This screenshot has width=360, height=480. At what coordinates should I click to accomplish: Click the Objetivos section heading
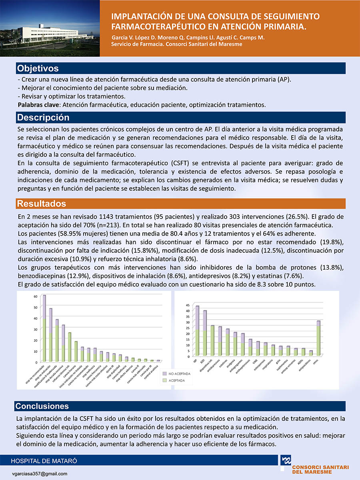38,68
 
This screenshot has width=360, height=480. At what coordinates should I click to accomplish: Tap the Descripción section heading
43,118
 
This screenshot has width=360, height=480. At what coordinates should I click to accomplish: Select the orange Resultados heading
41,204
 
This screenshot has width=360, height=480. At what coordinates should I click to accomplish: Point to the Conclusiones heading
42,406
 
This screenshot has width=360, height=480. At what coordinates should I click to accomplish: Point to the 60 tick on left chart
35,296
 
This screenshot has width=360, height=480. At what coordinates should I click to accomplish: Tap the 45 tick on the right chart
188,305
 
